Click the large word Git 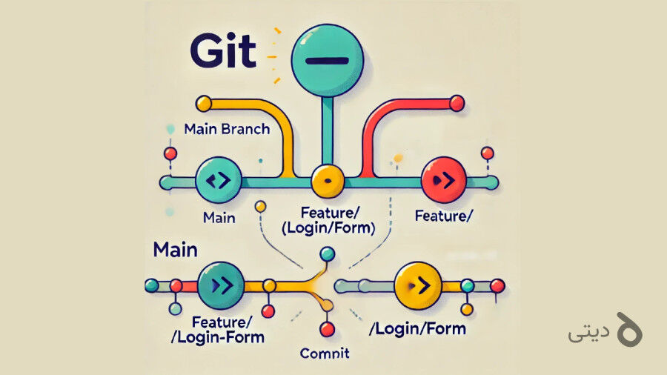(x=223, y=50)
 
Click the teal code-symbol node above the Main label (x=218, y=180)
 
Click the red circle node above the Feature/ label (x=442, y=180)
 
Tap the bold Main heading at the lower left (x=176, y=249)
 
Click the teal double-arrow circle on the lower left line (x=220, y=285)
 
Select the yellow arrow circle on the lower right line (x=417, y=285)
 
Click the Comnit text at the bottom (x=324, y=353)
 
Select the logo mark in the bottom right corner (x=628, y=330)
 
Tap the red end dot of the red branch (x=457, y=102)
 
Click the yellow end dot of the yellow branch (x=202, y=103)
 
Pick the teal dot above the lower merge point (x=327, y=254)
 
